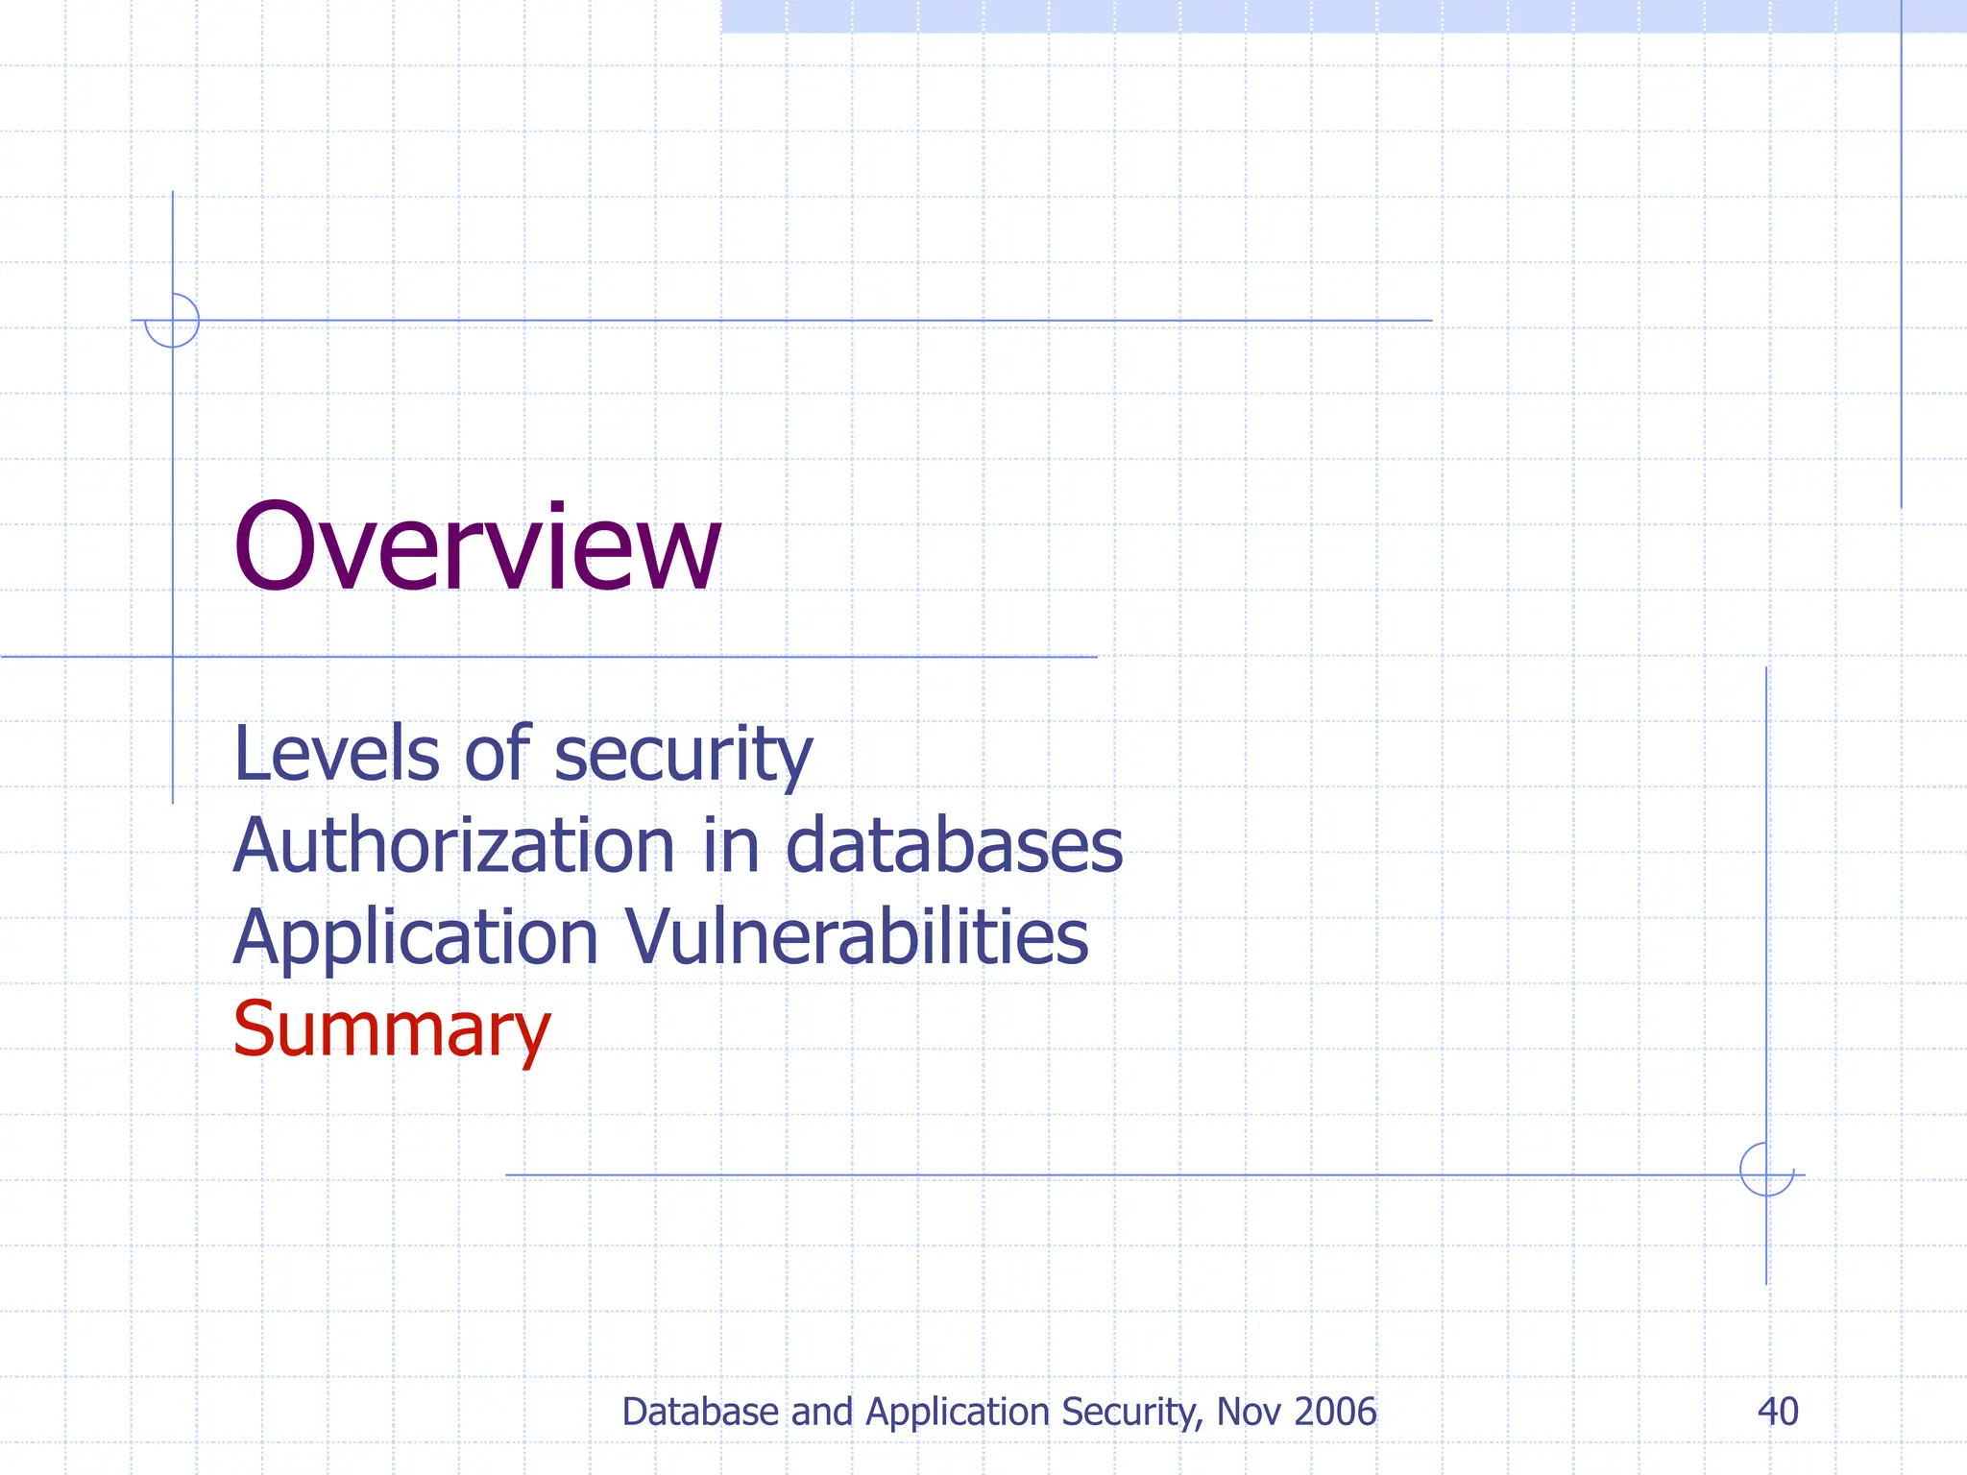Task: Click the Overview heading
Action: pyautogui.click(x=476, y=549)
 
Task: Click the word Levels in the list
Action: pyautogui.click(x=335, y=754)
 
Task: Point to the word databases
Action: pyautogui.click(x=954, y=846)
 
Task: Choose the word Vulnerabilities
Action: pyautogui.click(x=857, y=937)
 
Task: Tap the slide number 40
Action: pyautogui.click(x=1778, y=1412)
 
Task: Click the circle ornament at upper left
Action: pyautogui.click(x=172, y=321)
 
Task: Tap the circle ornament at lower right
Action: pyautogui.click(x=1766, y=1170)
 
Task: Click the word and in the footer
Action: pyautogui.click(x=822, y=1412)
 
